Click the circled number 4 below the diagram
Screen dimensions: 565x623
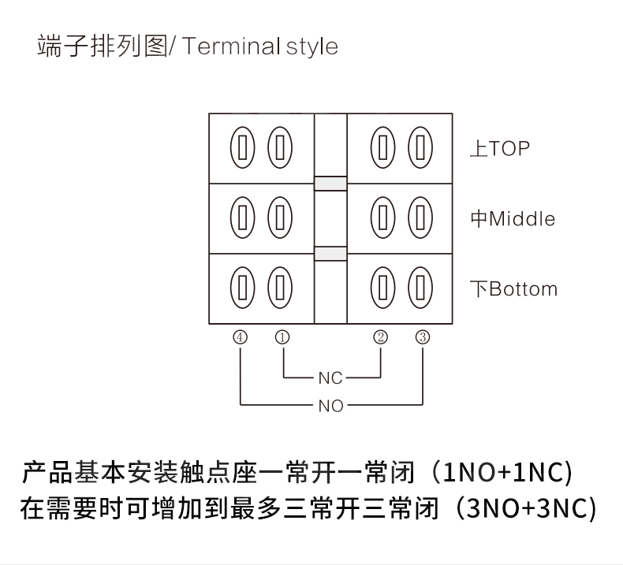click(241, 337)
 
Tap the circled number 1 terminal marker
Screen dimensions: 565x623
click(282, 337)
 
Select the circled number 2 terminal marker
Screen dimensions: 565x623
click(381, 337)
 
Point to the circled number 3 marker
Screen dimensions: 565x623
click(423, 337)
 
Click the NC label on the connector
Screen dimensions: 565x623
click(330, 378)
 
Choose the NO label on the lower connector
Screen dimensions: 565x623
click(330, 407)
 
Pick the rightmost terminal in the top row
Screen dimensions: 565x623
click(421, 147)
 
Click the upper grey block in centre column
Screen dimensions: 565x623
click(330, 184)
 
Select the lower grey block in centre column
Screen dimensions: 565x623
click(330, 254)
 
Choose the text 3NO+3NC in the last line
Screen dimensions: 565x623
click(528, 508)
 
